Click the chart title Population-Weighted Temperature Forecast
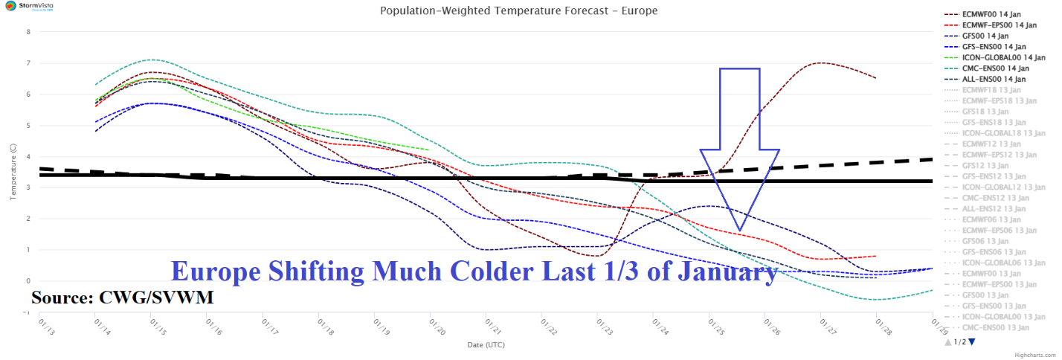[518, 11]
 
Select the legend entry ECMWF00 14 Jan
[993, 14]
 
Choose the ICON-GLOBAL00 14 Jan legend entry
[1003, 57]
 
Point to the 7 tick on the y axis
[28, 63]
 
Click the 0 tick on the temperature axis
[28, 281]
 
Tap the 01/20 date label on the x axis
[431, 326]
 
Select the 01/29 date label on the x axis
[933, 326]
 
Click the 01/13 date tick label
[42, 326]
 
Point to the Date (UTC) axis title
[487, 345]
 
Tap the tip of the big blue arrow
[738, 229]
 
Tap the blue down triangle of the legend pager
[971, 342]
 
